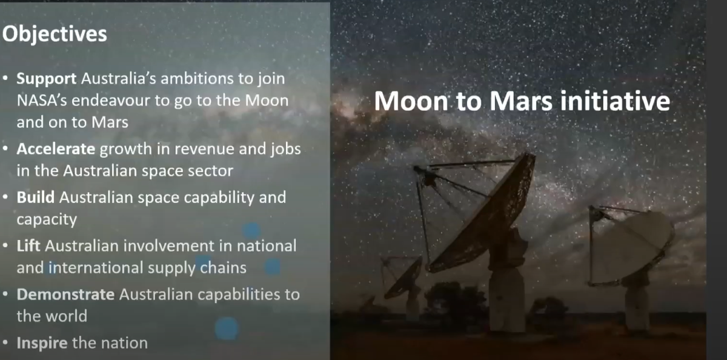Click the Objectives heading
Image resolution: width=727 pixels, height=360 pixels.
point(54,33)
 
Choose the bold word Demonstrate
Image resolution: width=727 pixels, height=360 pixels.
point(65,295)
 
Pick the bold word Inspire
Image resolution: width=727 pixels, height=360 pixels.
point(42,343)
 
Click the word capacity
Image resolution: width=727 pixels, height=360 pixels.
point(47,219)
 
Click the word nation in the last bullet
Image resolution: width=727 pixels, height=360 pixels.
point(121,343)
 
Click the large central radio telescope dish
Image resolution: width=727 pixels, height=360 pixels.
point(485,212)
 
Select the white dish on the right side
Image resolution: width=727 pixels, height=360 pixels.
point(633,245)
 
